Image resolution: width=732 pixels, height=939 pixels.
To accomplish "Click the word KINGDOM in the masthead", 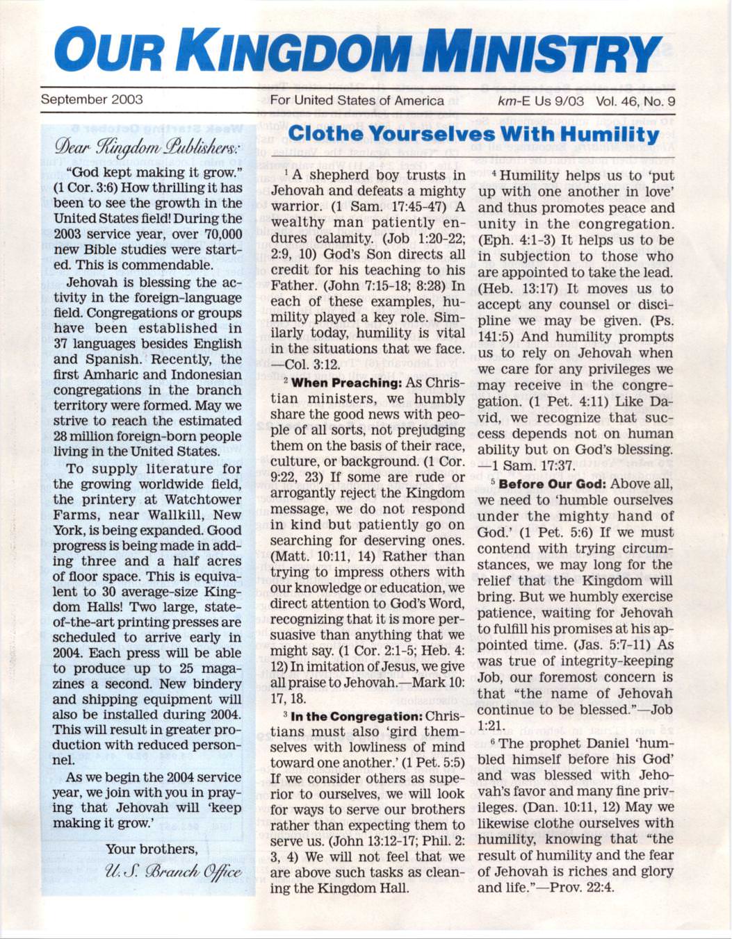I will click(x=299, y=50).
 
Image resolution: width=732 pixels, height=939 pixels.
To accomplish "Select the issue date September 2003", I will click(x=92, y=99).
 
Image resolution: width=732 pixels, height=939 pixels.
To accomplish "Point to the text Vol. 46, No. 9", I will click(x=635, y=101).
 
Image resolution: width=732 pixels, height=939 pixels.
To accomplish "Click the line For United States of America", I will click(x=357, y=101).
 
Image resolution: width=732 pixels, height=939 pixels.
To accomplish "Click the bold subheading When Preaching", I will click(x=343, y=383).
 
